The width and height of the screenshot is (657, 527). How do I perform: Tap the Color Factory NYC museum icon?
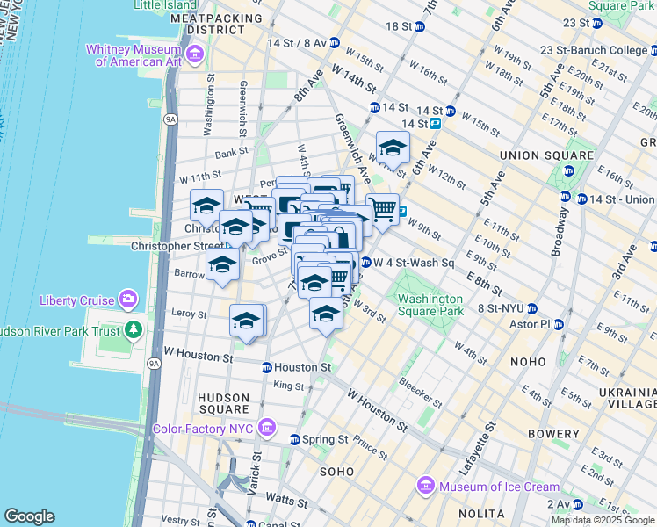click(268, 429)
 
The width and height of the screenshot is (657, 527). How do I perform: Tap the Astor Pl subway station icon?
click(558, 324)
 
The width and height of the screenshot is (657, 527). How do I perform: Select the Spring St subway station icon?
click(295, 439)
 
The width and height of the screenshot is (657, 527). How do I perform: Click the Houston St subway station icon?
click(266, 367)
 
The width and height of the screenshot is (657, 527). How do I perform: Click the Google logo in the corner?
click(29, 516)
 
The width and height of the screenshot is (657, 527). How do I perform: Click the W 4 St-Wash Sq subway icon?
click(365, 263)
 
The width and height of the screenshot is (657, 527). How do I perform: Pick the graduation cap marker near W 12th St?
click(393, 148)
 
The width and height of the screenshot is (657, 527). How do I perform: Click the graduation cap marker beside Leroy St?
click(247, 321)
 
